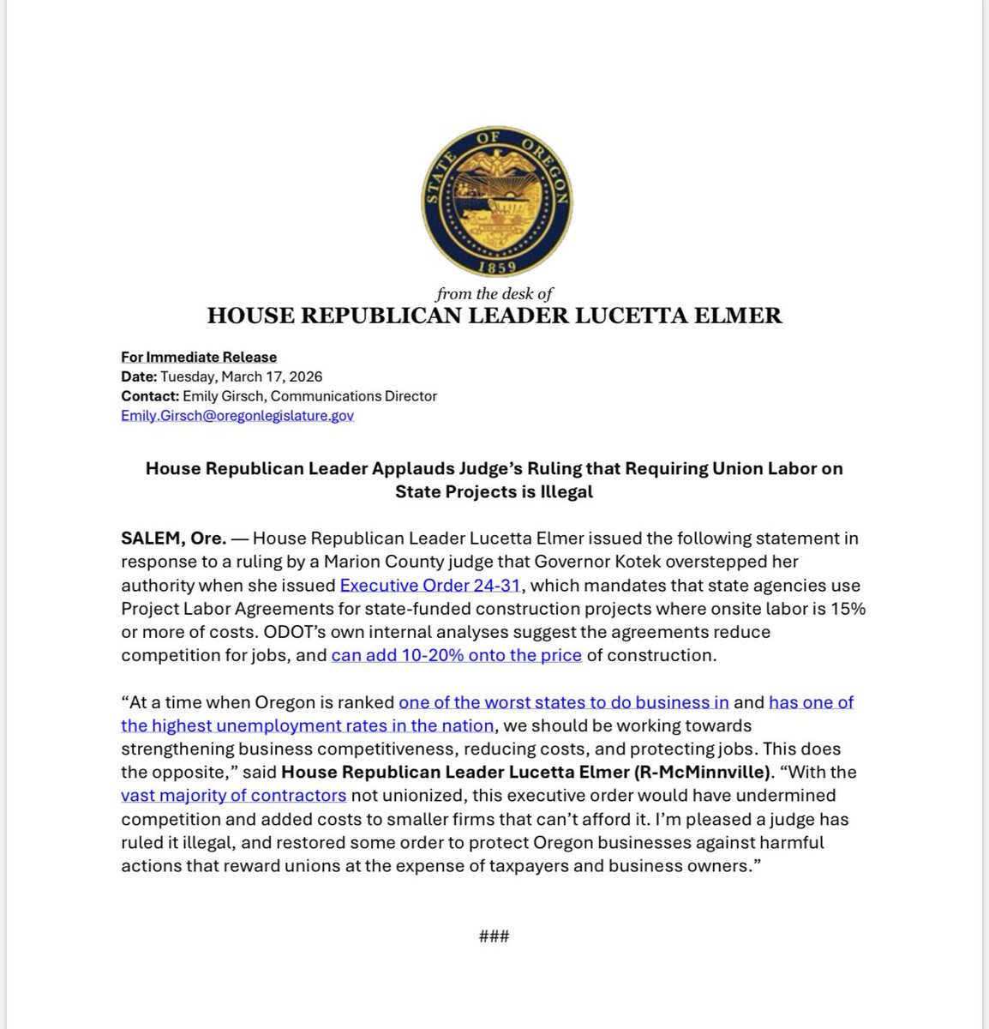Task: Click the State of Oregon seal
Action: tap(496, 202)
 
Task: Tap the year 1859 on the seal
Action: tap(496, 266)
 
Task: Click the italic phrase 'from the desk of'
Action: tap(494, 294)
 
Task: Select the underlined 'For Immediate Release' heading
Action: tap(199, 357)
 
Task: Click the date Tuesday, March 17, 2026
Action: tap(242, 376)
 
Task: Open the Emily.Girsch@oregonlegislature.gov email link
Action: tap(237, 416)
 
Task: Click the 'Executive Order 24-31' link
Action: tap(430, 586)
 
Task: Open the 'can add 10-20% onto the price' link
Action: tap(457, 655)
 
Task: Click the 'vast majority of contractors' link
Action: tap(234, 795)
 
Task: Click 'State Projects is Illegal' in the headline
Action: tap(494, 492)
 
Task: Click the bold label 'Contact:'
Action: tap(149, 396)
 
